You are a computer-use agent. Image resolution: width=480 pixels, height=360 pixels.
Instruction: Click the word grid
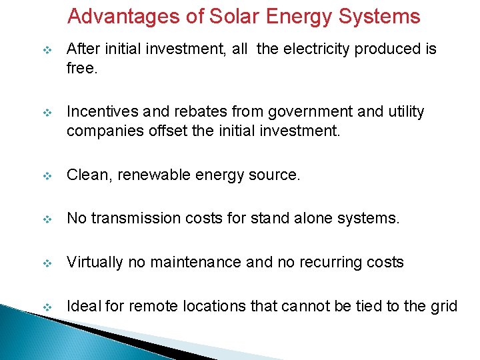(444, 307)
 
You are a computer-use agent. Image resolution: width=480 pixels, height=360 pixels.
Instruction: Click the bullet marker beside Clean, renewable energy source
(47, 176)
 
